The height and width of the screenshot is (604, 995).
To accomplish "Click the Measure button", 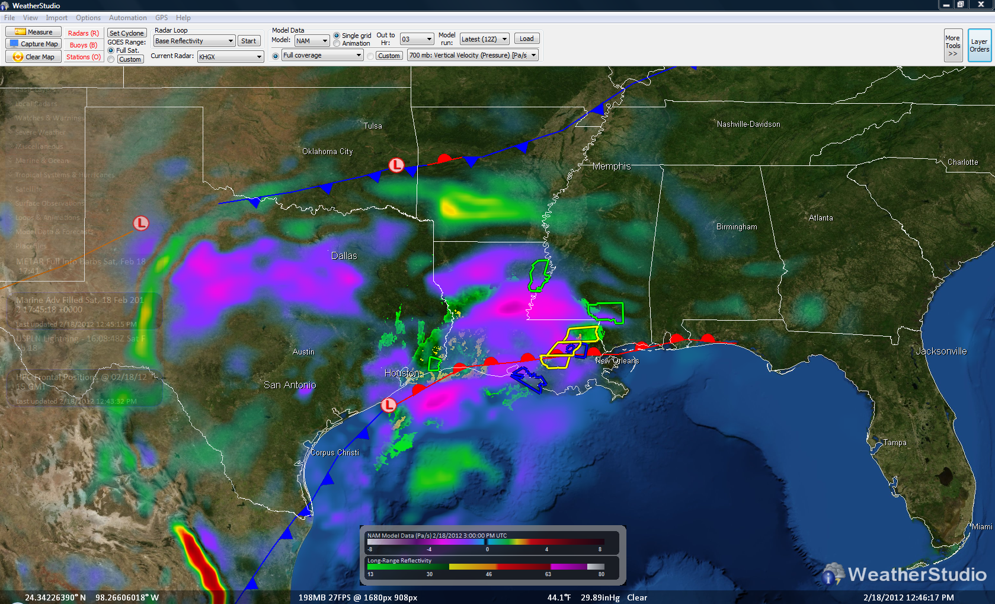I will point(33,32).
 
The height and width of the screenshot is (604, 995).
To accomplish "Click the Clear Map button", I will point(33,57).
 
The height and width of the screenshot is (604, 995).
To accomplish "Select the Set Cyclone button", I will point(126,33).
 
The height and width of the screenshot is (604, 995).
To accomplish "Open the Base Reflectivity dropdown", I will point(194,41).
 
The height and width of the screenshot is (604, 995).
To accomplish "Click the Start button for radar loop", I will point(248,41).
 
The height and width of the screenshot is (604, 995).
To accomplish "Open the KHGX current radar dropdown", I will point(230,57).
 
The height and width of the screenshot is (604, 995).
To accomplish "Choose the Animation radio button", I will point(337,44).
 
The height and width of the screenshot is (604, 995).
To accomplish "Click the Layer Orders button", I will point(979,46).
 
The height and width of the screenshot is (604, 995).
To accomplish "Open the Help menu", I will point(183,18).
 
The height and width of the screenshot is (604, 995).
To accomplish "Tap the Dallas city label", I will point(344,256).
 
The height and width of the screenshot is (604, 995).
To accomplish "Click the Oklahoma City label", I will point(327,152).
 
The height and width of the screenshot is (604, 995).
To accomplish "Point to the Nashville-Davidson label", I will point(748,124).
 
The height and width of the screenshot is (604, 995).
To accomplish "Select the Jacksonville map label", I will point(940,351).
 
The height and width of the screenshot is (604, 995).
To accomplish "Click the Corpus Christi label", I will point(335,453).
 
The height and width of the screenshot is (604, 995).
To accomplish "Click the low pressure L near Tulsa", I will point(396,165).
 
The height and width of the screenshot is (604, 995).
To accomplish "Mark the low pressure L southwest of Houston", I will point(388,405).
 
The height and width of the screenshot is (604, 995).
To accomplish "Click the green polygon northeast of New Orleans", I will point(606,312).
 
